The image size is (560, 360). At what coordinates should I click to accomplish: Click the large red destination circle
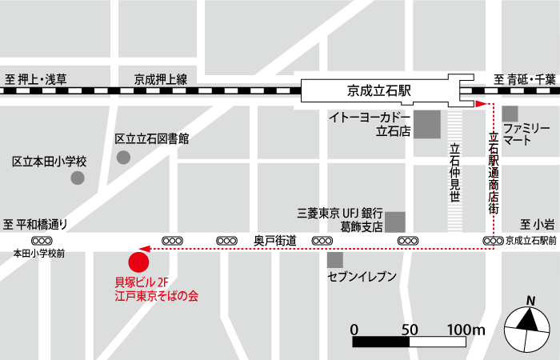[139, 261]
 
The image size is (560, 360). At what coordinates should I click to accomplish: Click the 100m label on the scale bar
[466, 330]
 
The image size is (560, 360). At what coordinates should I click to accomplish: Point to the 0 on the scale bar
[354, 330]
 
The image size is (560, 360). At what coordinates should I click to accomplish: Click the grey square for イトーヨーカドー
[427, 124]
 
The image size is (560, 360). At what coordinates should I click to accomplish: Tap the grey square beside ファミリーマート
[510, 113]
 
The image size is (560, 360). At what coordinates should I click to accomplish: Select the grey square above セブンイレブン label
[335, 260]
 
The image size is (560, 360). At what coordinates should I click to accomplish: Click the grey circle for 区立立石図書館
[123, 157]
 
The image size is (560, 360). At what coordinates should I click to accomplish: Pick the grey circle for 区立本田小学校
[77, 178]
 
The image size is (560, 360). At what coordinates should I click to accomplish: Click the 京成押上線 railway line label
[160, 78]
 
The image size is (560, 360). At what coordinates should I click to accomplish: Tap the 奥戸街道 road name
[274, 240]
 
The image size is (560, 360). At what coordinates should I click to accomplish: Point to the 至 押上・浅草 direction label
[36, 78]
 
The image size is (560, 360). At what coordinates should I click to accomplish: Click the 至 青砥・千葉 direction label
[524, 78]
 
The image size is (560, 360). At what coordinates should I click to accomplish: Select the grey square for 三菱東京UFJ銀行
[395, 221]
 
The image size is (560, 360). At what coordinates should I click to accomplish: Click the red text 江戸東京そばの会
[157, 296]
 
